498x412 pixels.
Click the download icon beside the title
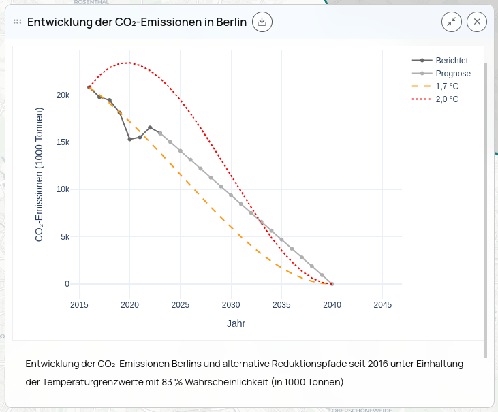click(x=262, y=22)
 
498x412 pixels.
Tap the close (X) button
click(x=477, y=22)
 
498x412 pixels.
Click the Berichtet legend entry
click(x=452, y=61)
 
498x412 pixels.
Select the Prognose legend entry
click(x=453, y=74)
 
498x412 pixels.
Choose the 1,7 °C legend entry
click(x=447, y=86)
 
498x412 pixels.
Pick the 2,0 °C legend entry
click(x=447, y=99)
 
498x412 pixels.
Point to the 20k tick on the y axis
click(x=63, y=95)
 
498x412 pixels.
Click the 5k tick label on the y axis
click(x=65, y=237)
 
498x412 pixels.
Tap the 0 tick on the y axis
click(x=67, y=284)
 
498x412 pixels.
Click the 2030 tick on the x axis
click(x=231, y=305)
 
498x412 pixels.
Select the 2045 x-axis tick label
click(x=384, y=305)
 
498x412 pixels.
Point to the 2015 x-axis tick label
click(x=79, y=305)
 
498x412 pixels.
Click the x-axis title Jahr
click(x=236, y=323)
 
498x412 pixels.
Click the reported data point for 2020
click(x=129, y=139)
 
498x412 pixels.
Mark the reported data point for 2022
click(x=150, y=127)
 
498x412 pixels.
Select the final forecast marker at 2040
click(x=332, y=283)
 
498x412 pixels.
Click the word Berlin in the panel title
click(x=231, y=22)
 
